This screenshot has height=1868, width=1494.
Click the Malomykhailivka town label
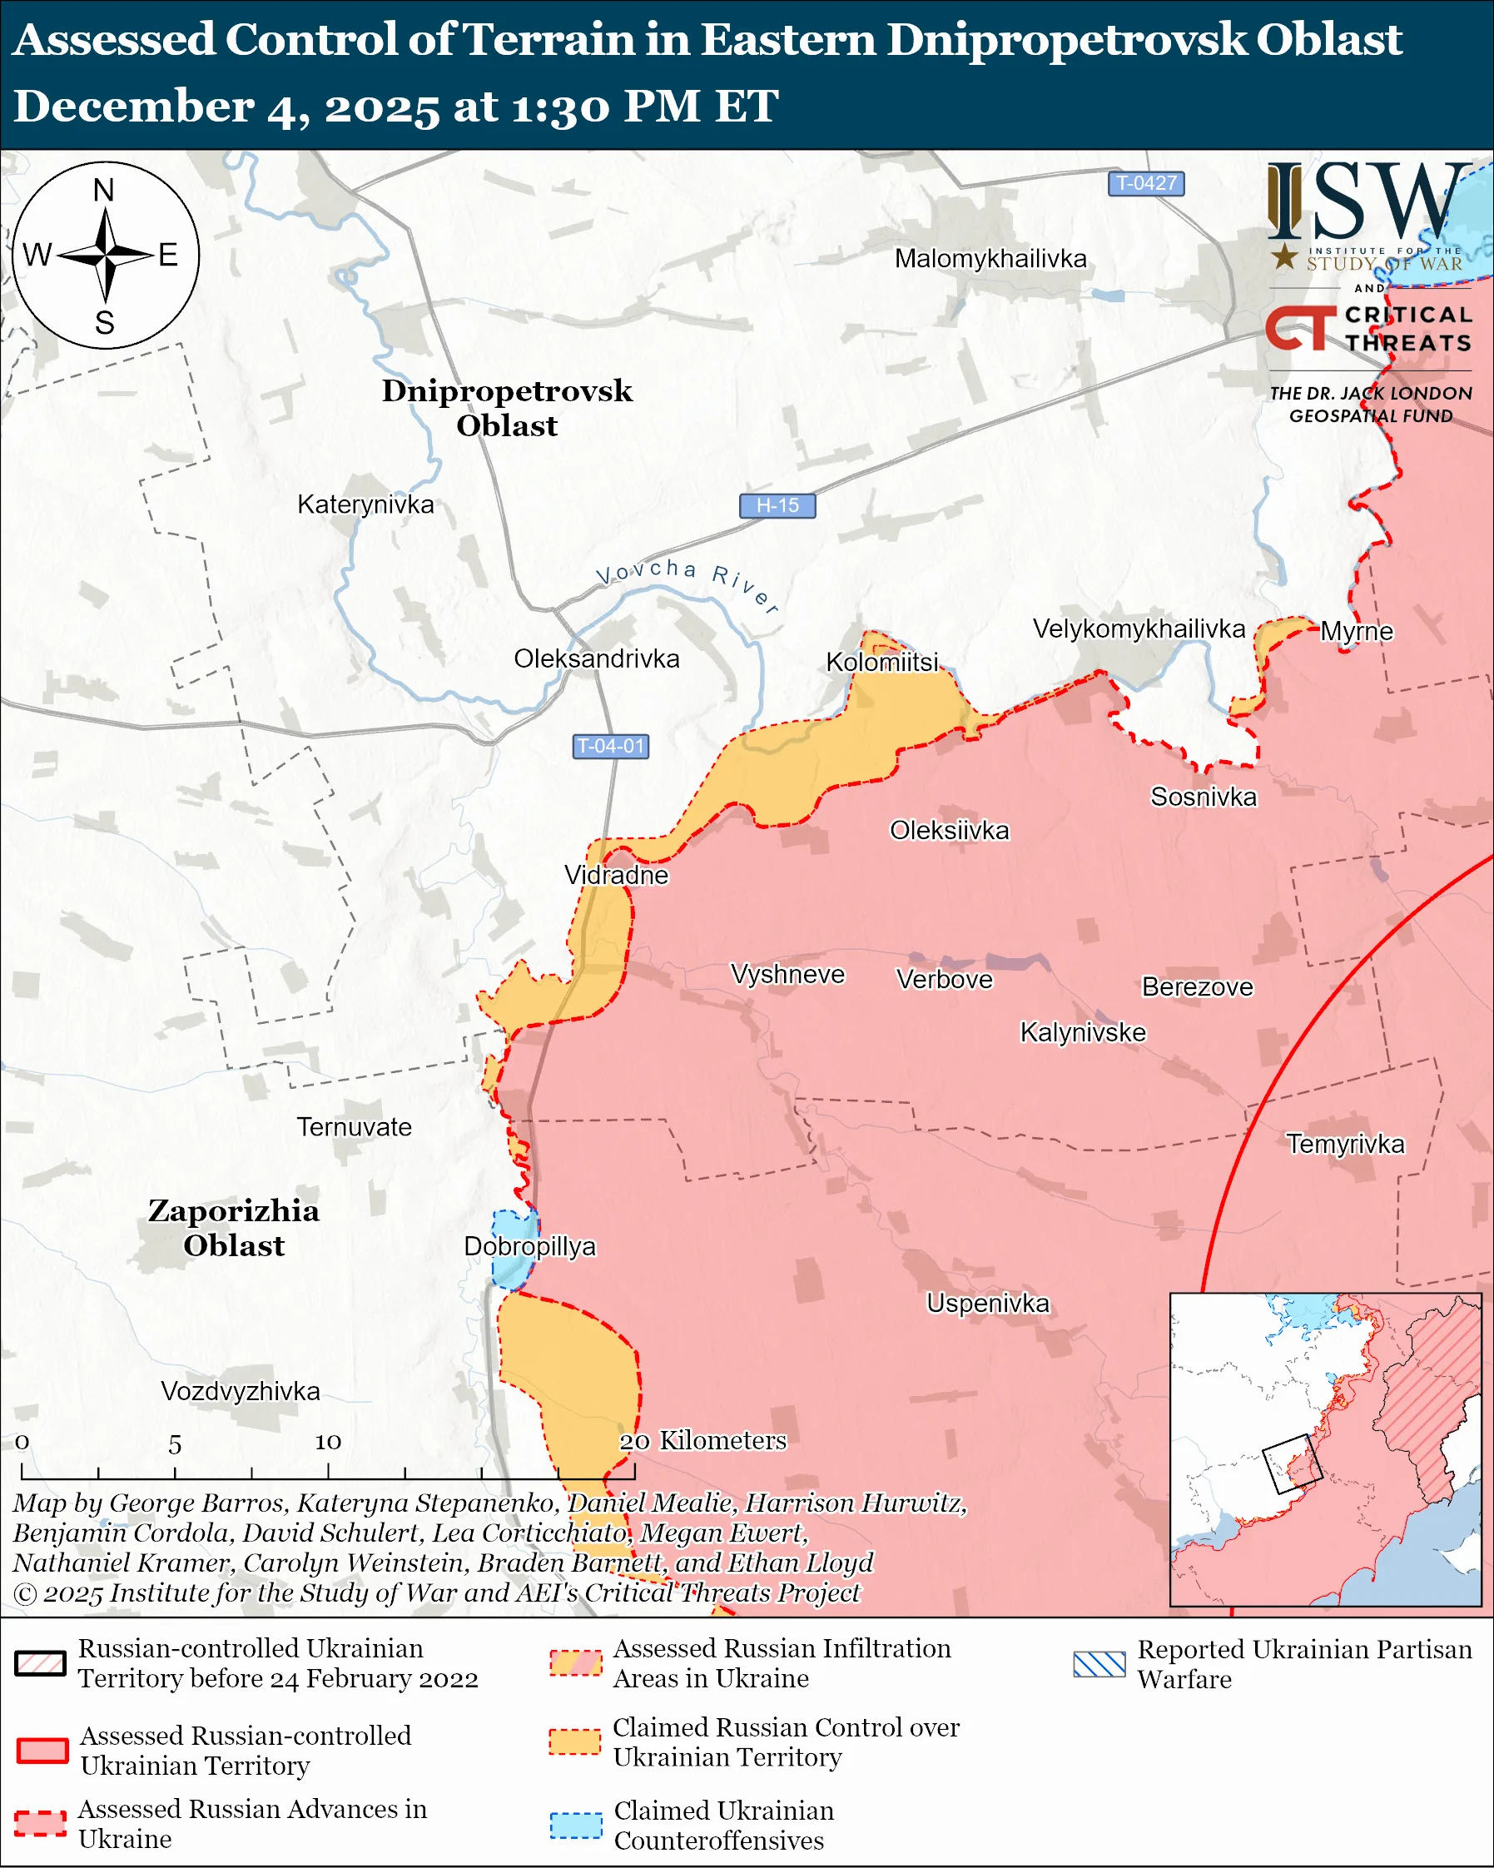coord(990,258)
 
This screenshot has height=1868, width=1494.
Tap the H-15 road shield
coord(777,505)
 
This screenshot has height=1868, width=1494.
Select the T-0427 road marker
coord(1145,183)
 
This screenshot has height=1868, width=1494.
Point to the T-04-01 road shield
coord(611,746)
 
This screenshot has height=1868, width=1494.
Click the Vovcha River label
coord(687,583)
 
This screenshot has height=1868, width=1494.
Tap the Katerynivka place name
coord(365,504)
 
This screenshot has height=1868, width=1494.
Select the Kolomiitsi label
coord(881,663)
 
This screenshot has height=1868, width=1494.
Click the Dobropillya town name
coord(529,1246)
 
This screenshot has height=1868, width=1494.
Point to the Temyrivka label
coord(1344,1144)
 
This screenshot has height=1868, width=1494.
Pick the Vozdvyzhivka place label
coord(240,1391)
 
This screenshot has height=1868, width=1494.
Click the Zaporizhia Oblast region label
coord(234,1228)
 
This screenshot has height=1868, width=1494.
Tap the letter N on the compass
coord(104,190)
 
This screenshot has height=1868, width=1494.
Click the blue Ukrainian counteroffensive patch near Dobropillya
coord(513,1248)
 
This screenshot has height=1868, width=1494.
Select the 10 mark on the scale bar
coord(327,1441)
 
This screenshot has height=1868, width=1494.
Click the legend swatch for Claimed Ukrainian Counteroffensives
coord(576,1825)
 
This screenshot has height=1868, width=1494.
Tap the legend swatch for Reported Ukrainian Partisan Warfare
coord(1098,1663)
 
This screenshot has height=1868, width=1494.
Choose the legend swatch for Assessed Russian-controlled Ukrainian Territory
coord(42,1749)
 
